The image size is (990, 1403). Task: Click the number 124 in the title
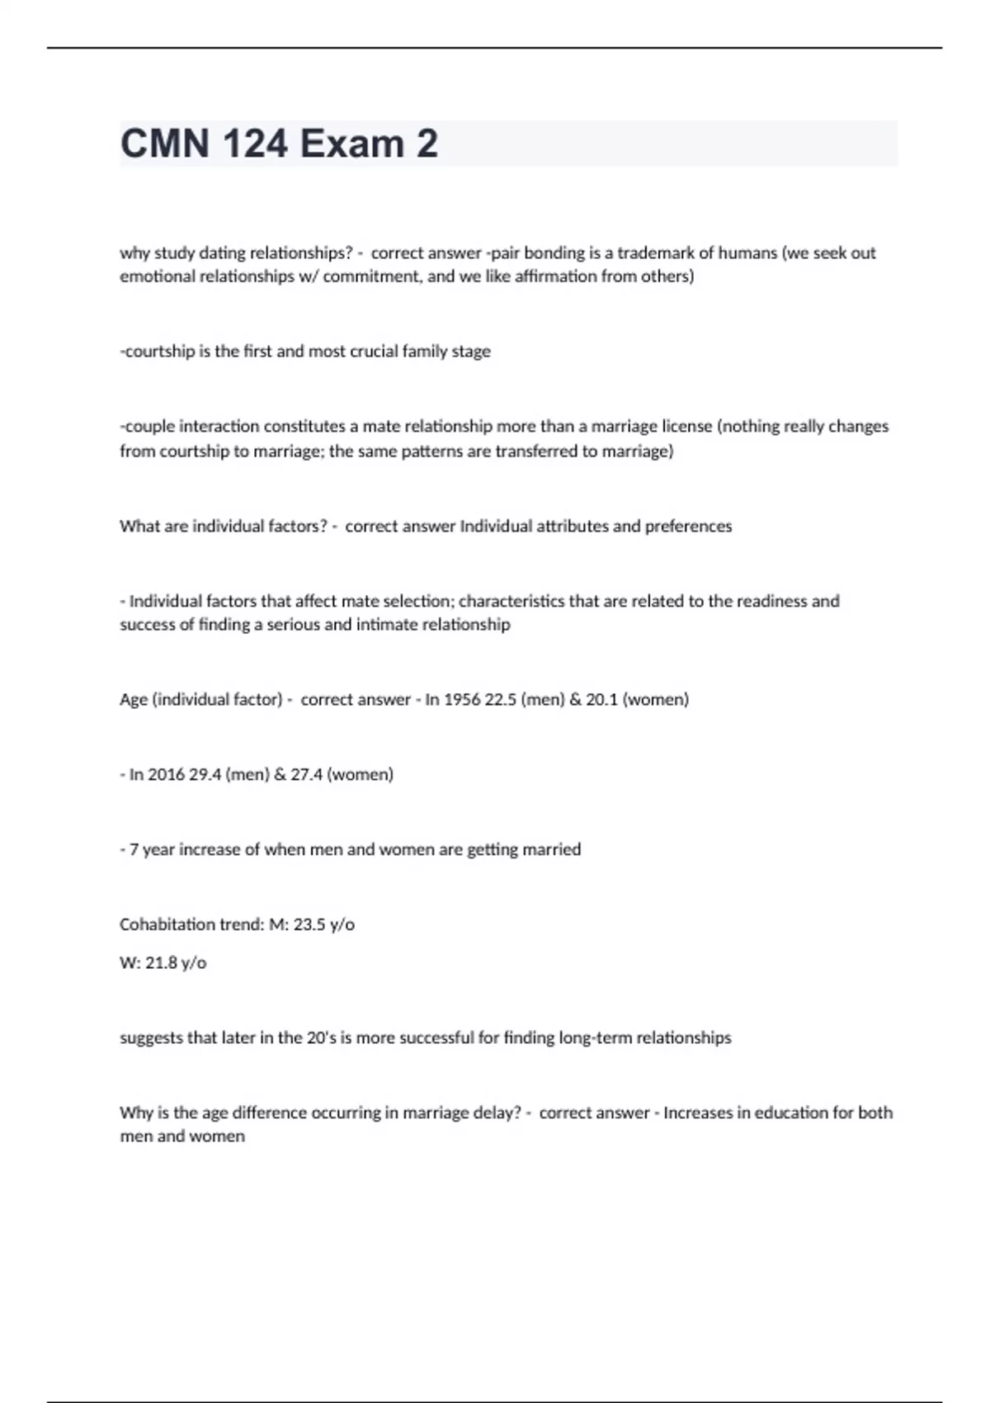[x=255, y=144]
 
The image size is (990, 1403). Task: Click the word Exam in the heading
[x=351, y=144]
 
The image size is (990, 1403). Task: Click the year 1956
[x=461, y=699]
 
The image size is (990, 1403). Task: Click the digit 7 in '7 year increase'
[x=134, y=849]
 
